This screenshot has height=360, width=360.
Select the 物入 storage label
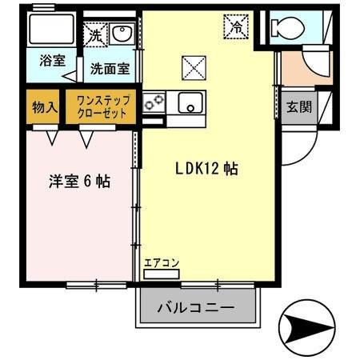43,106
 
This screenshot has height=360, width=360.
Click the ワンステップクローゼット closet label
101,106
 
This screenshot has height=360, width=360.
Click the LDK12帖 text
206,169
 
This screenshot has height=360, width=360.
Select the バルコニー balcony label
195,307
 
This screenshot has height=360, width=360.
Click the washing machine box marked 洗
94,35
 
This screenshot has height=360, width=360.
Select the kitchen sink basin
190,102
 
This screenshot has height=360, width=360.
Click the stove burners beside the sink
154,102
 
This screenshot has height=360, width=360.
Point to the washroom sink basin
122,34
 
